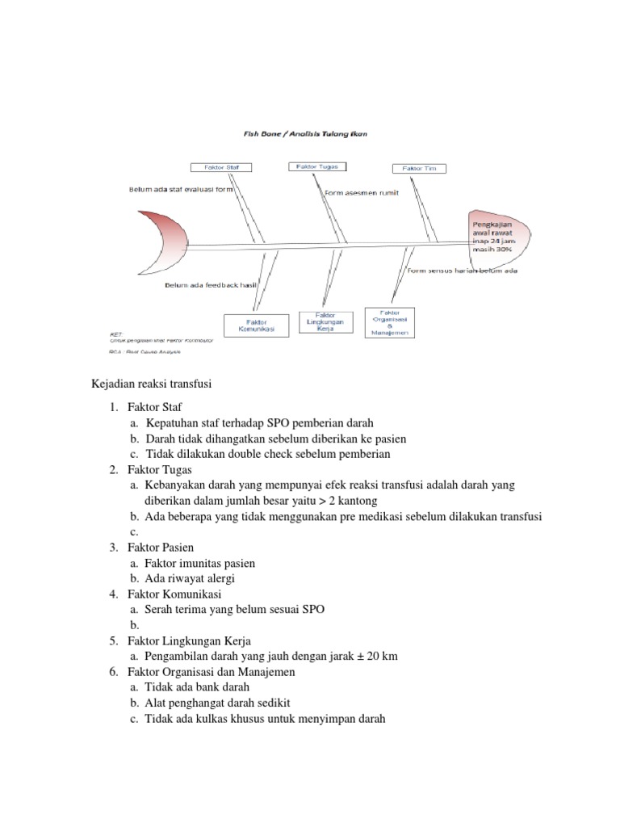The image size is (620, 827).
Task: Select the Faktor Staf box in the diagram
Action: [x=220, y=167]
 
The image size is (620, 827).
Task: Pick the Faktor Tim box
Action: [x=419, y=168]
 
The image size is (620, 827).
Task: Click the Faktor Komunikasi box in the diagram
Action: [x=252, y=325]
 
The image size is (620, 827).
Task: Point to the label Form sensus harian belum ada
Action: [x=462, y=271]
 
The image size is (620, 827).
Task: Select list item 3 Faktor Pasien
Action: [x=161, y=548]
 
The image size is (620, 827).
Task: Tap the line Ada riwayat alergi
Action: [x=190, y=578]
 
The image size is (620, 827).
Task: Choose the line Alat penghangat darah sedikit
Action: [x=217, y=703]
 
